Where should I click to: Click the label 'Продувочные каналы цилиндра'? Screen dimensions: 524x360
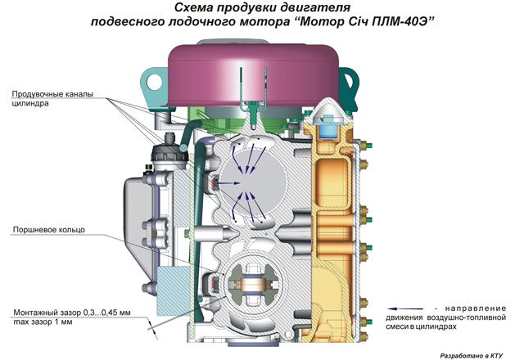click(52, 98)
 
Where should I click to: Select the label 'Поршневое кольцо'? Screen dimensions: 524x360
click(49, 230)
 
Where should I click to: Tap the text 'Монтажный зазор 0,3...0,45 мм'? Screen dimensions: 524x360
click(72, 313)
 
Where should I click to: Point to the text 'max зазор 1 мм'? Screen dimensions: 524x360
click(43, 322)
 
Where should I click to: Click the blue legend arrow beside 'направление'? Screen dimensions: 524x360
click(406, 308)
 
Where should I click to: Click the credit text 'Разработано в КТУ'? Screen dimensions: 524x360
click(472, 356)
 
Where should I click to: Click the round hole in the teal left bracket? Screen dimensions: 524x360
click(155, 82)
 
